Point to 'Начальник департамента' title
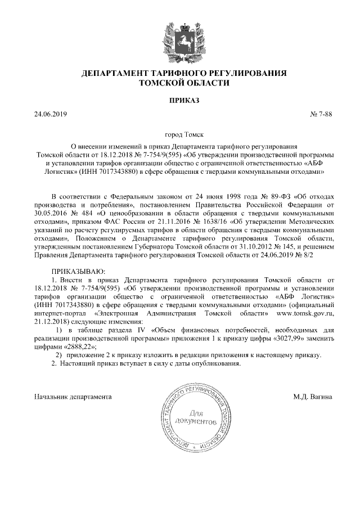(x=73, y=397)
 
